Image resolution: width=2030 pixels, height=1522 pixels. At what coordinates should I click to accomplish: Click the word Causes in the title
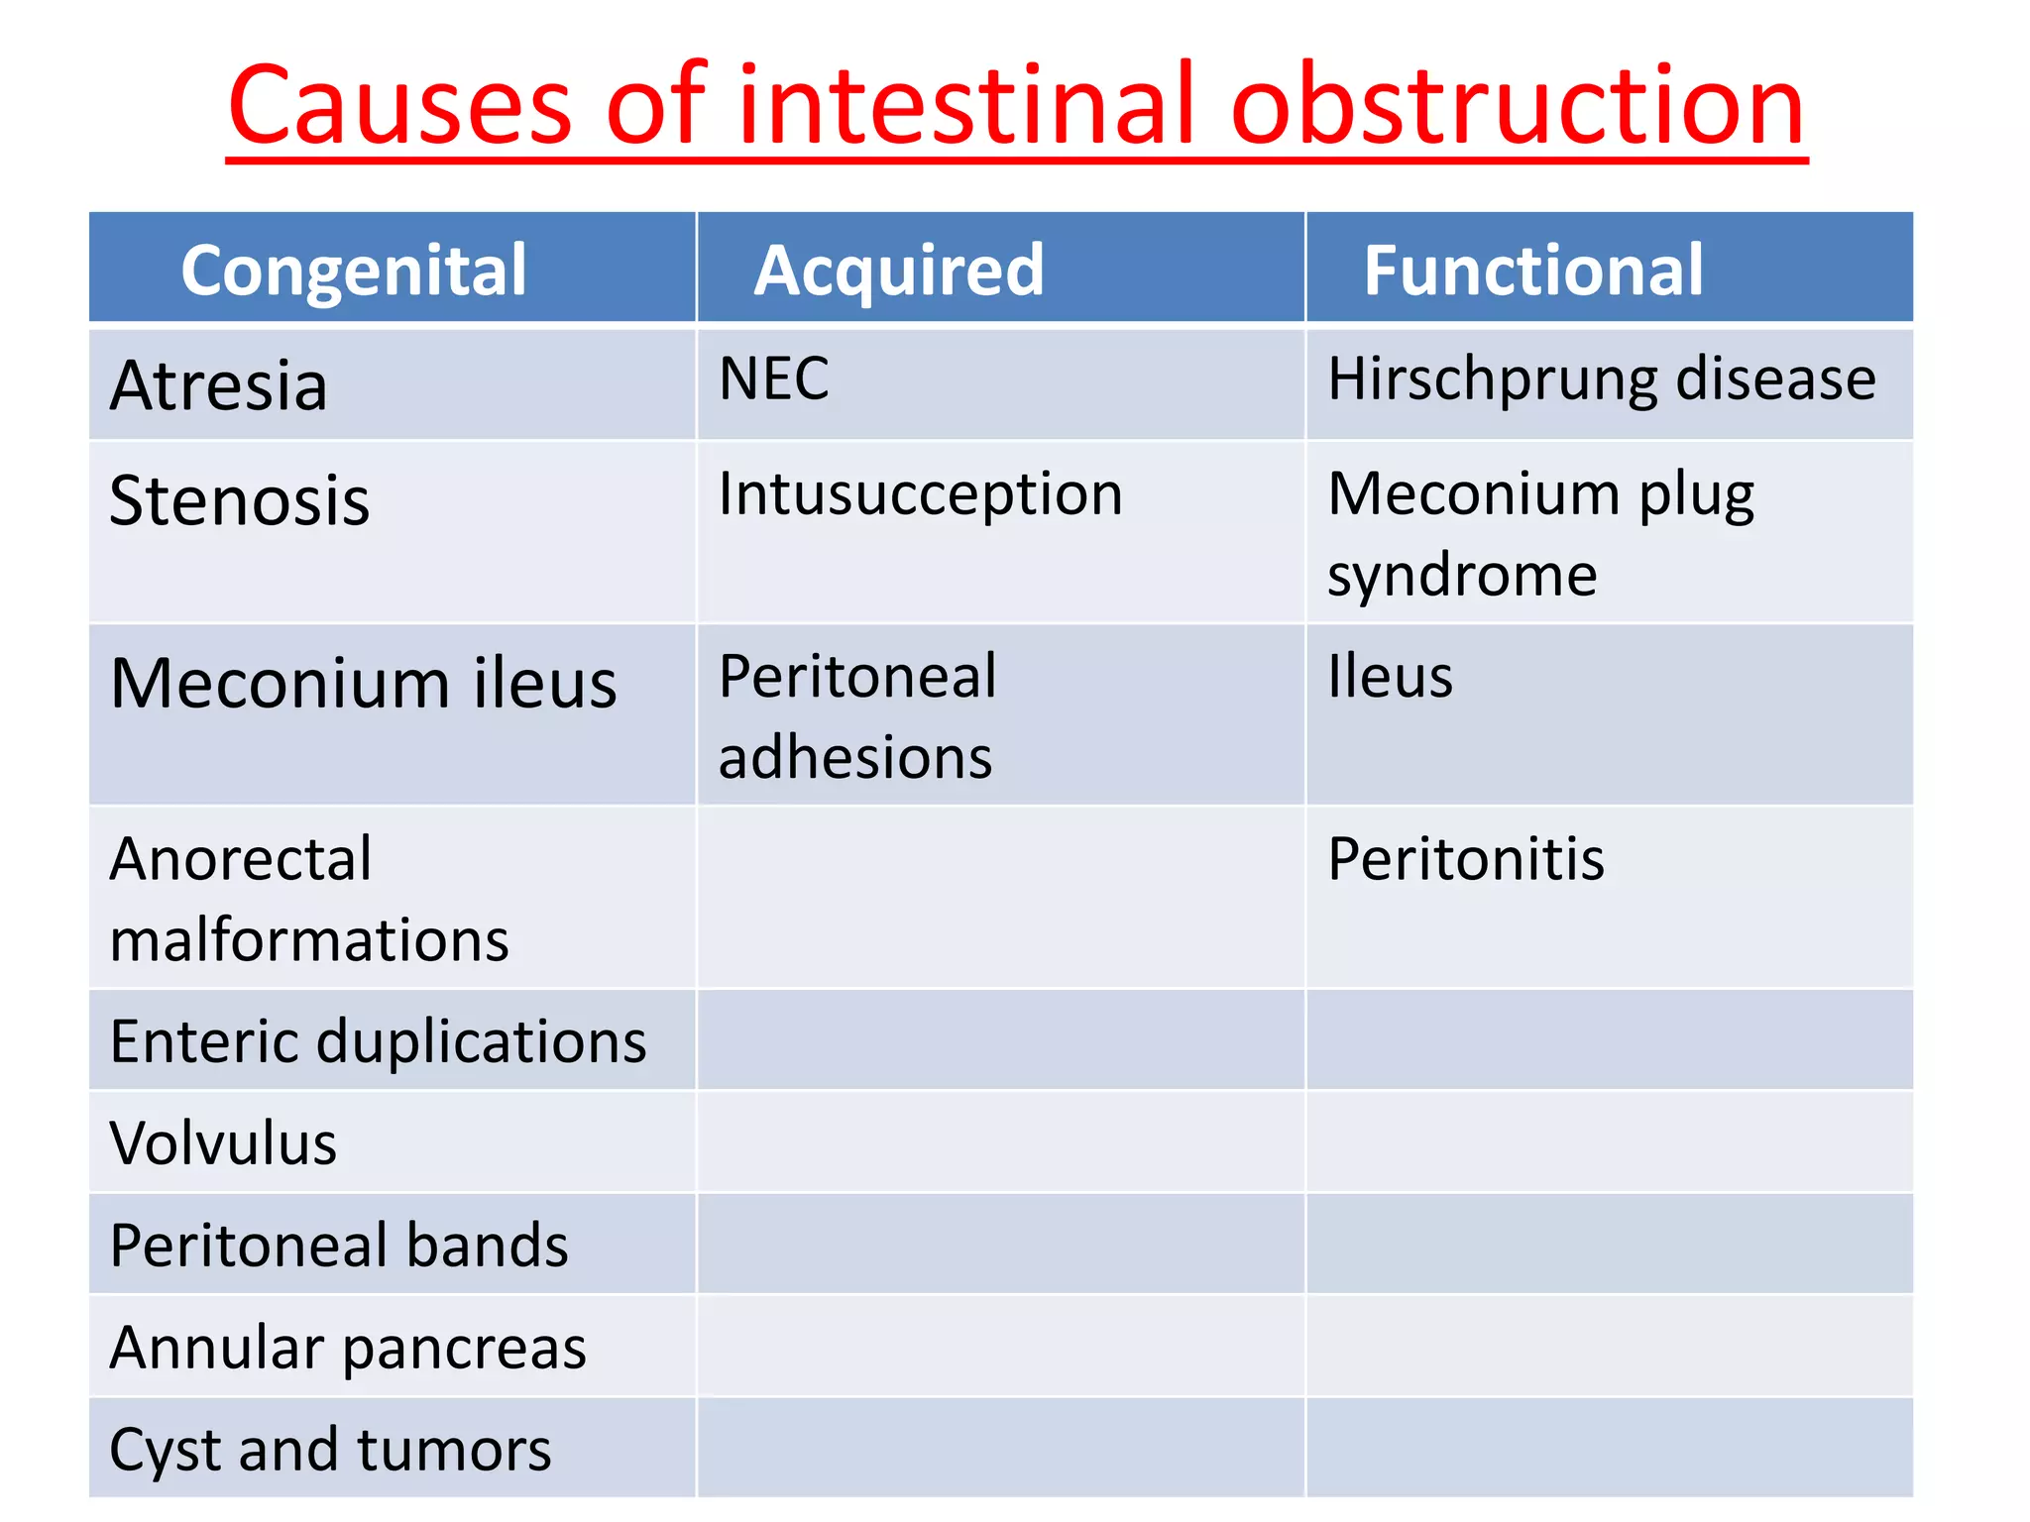coord(399,105)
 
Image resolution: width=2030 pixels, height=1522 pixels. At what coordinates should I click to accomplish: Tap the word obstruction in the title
coord(1517,105)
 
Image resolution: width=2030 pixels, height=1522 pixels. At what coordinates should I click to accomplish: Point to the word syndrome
coord(1462,575)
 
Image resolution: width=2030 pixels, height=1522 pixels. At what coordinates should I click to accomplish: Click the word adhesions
coord(855,758)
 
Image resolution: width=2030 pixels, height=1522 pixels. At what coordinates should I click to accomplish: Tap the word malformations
coord(309,939)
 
